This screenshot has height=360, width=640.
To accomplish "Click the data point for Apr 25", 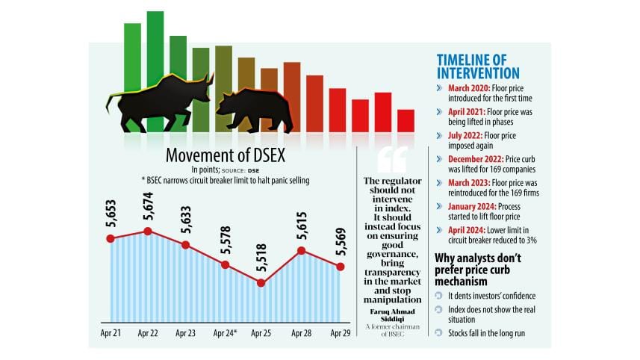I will [261, 282].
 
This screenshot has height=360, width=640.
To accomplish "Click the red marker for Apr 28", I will [302, 250].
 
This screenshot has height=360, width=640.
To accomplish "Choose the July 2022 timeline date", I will [466, 135].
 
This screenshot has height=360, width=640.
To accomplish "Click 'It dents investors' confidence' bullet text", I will [497, 297].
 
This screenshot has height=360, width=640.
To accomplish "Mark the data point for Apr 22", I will [148, 231].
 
